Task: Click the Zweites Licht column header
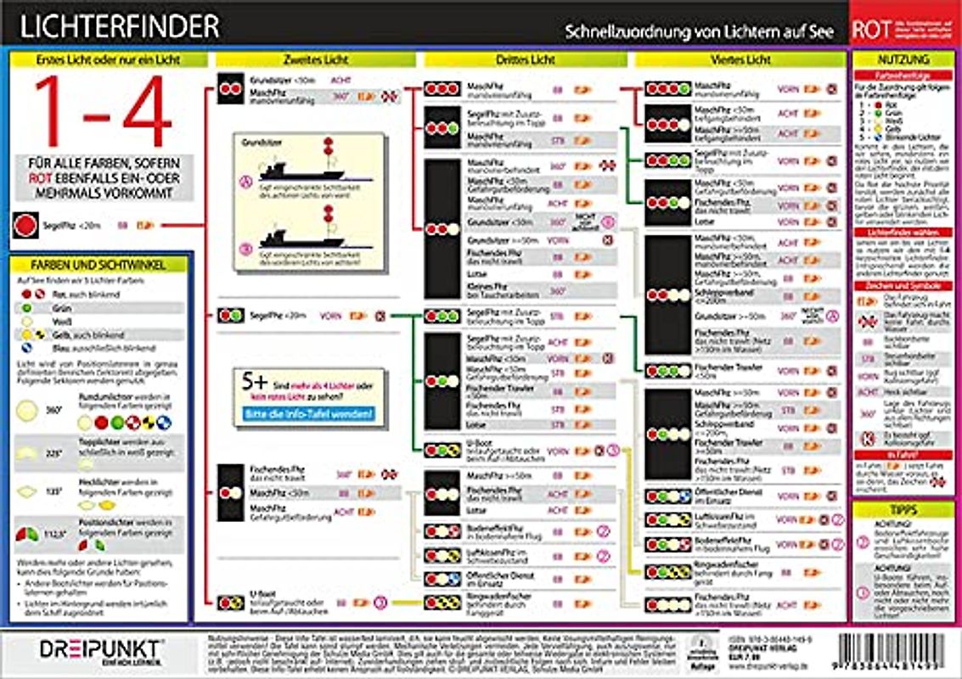(315, 60)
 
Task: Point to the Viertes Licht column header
(740, 60)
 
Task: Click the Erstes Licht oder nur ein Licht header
(110, 60)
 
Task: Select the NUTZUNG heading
(904, 60)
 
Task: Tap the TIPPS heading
(903, 509)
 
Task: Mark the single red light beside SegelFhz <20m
(25, 225)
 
